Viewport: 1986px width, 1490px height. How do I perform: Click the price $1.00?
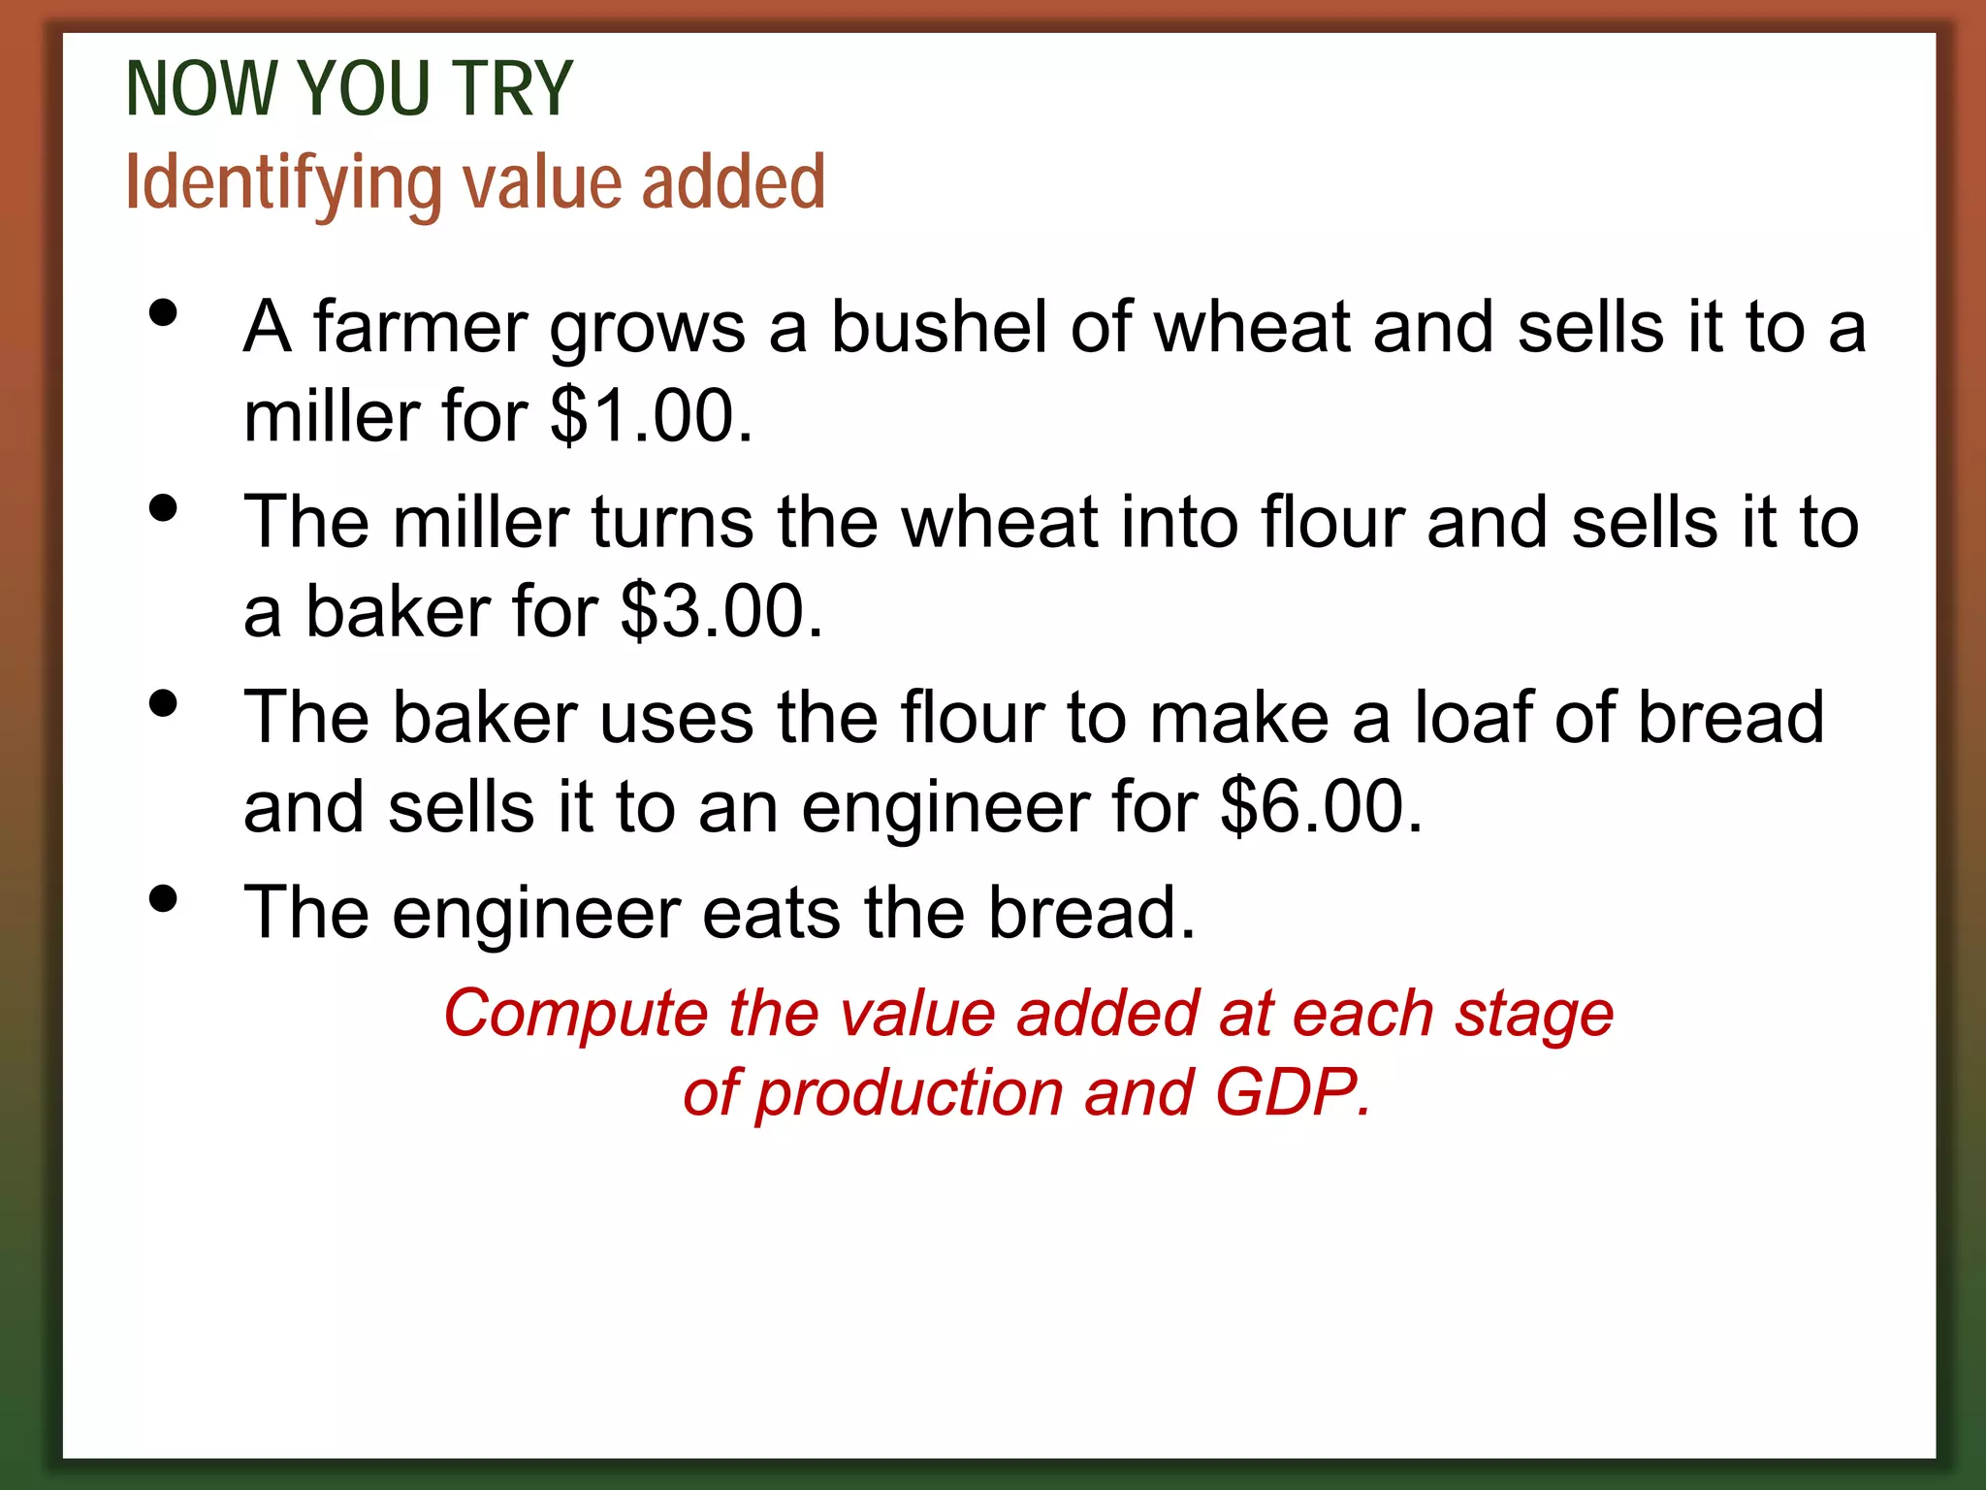click(x=650, y=417)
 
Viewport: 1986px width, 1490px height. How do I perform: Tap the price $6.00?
click(x=1320, y=807)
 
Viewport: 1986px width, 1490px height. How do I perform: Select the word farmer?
click(x=420, y=327)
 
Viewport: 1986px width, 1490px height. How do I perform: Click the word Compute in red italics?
click(x=576, y=1015)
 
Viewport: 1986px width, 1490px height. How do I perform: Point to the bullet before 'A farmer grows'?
click(x=164, y=313)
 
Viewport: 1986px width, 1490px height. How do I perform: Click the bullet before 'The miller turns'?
click(x=164, y=508)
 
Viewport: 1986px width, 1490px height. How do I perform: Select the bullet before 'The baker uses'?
click(x=164, y=703)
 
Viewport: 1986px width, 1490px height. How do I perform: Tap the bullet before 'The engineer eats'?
click(x=164, y=898)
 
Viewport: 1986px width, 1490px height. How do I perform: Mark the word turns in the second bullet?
click(x=671, y=523)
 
